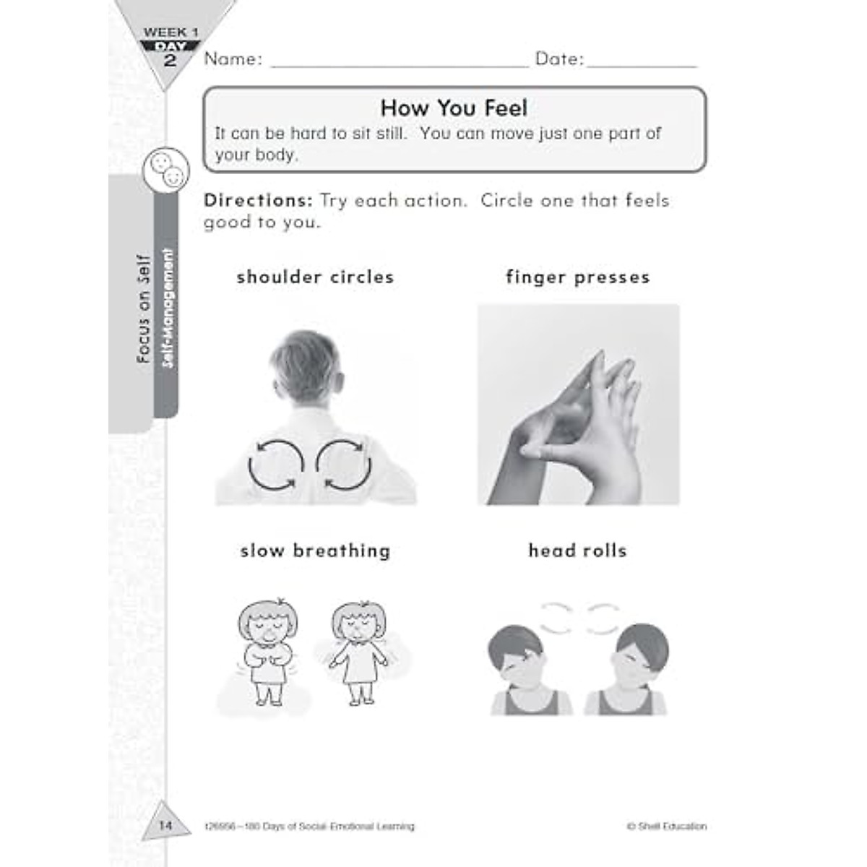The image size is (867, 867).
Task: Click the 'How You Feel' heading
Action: click(x=454, y=108)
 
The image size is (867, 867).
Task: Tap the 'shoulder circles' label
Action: click(x=315, y=277)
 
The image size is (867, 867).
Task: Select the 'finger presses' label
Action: click(x=578, y=277)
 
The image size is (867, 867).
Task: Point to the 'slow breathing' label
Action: click(x=315, y=551)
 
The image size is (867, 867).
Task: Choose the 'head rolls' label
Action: click(x=578, y=551)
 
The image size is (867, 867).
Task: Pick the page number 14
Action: click(x=165, y=825)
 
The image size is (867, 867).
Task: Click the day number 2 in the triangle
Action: click(x=171, y=61)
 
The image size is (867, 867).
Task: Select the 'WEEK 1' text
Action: click(x=171, y=32)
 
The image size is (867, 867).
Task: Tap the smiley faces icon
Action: click(x=166, y=168)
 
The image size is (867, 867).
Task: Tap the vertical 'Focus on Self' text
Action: click(x=143, y=309)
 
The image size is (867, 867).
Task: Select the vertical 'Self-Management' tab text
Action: click(x=168, y=309)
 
